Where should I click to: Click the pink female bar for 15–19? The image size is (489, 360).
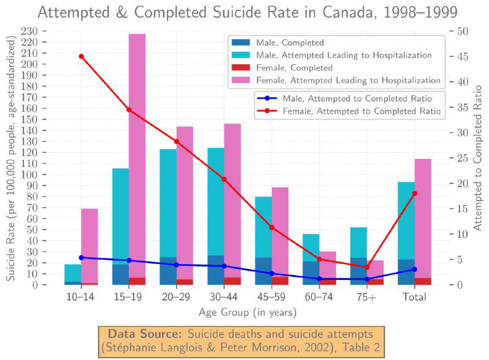point(137,153)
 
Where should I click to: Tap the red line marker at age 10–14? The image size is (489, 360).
point(81,56)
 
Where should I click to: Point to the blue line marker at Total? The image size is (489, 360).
point(414,269)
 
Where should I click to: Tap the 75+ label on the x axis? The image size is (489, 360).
point(367,297)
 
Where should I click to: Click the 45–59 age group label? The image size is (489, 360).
point(271,297)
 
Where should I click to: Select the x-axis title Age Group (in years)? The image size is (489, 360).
point(248,312)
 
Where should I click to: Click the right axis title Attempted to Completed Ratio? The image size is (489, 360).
point(479,158)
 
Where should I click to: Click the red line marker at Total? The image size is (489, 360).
point(414,193)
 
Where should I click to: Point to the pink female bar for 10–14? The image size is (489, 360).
point(89,244)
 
